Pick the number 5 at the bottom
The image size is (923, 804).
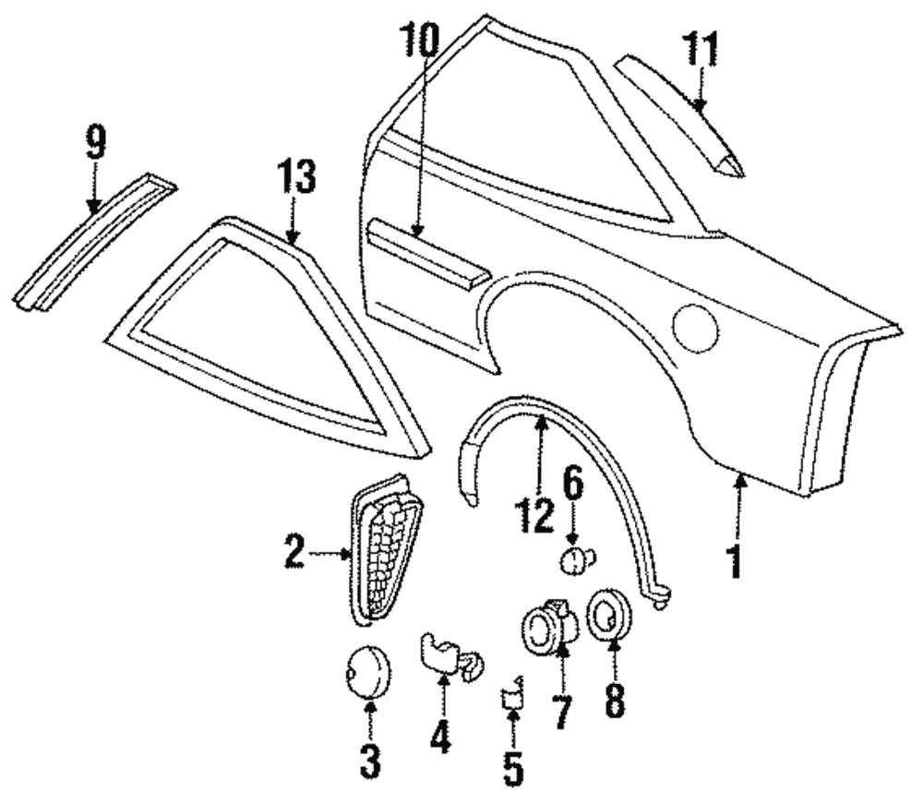click(512, 766)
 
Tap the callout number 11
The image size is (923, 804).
click(701, 51)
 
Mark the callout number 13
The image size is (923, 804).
click(300, 178)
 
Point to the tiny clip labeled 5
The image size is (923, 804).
click(511, 697)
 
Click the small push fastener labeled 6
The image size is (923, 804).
click(576, 558)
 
